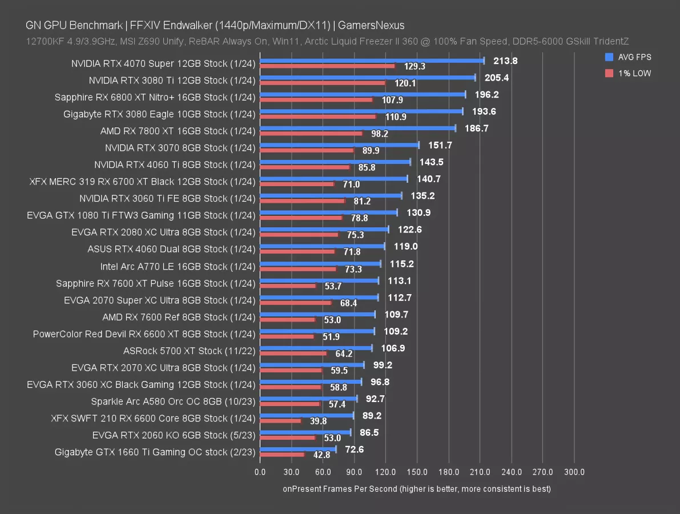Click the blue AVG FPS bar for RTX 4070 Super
(x=371, y=61)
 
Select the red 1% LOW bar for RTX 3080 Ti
(x=323, y=83)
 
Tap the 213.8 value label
(x=505, y=61)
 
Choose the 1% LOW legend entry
(x=629, y=73)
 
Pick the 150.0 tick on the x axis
(x=417, y=472)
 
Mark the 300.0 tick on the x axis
(x=574, y=472)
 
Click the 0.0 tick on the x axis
(x=260, y=472)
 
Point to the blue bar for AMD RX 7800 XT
(x=357, y=128)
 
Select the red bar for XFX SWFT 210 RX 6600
(x=280, y=421)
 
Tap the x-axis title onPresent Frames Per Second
(x=416, y=489)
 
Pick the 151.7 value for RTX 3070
(x=440, y=146)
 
